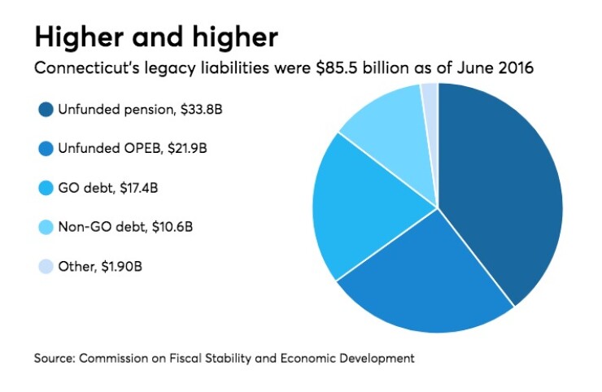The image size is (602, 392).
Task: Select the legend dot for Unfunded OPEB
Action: click(46, 150)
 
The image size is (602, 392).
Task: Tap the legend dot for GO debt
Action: click(46, 189)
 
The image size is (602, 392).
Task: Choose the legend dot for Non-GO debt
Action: click(46, 227)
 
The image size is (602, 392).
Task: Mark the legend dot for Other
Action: click(46, 266)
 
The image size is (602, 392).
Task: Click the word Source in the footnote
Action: click(55, 358)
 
